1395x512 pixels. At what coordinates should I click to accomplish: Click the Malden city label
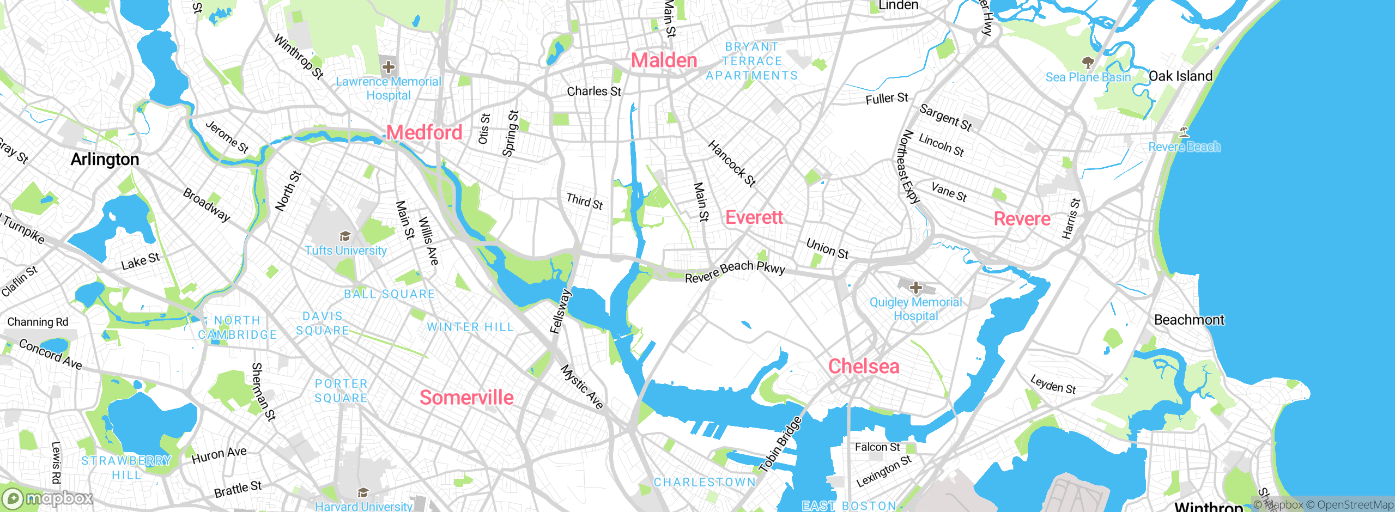[x=664, y=60]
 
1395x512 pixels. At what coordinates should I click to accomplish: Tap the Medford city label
[x=424, y=132]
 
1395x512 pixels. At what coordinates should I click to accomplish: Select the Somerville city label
[x=466, y=398]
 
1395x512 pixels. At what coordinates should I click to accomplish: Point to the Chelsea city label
[x=864, y=367]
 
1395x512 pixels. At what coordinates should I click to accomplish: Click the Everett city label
[x=754, y=218]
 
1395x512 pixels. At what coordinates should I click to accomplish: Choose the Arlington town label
[x=105, y=160]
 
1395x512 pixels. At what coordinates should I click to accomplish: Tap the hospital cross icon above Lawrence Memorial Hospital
[x=389, y=68]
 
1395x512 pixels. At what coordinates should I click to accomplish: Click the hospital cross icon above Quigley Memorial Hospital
[x=916, y=288]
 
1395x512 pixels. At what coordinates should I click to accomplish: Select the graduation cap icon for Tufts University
[x=345, y=236]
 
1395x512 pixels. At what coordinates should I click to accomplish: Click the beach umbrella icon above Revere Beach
[x=1184, y=132]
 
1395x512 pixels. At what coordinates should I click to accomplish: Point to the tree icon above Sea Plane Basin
[x=1088, y=63]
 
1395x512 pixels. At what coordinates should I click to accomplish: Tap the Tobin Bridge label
[x=780, y=444]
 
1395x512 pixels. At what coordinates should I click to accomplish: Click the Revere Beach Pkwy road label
[x=735, y=271]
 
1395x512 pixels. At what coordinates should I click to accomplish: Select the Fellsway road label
[x=560, y=312]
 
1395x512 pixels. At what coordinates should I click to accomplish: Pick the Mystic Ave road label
[x=582, y=387]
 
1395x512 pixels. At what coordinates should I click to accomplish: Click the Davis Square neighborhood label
[x=323, y=324]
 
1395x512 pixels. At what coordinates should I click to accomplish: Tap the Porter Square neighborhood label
[x=341, y=391]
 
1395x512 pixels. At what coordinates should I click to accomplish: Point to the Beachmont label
[x=1189, y=320]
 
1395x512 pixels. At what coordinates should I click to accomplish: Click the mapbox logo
[x=48, y=498]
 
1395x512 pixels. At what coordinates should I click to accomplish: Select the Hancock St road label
[x=731, y=163]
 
